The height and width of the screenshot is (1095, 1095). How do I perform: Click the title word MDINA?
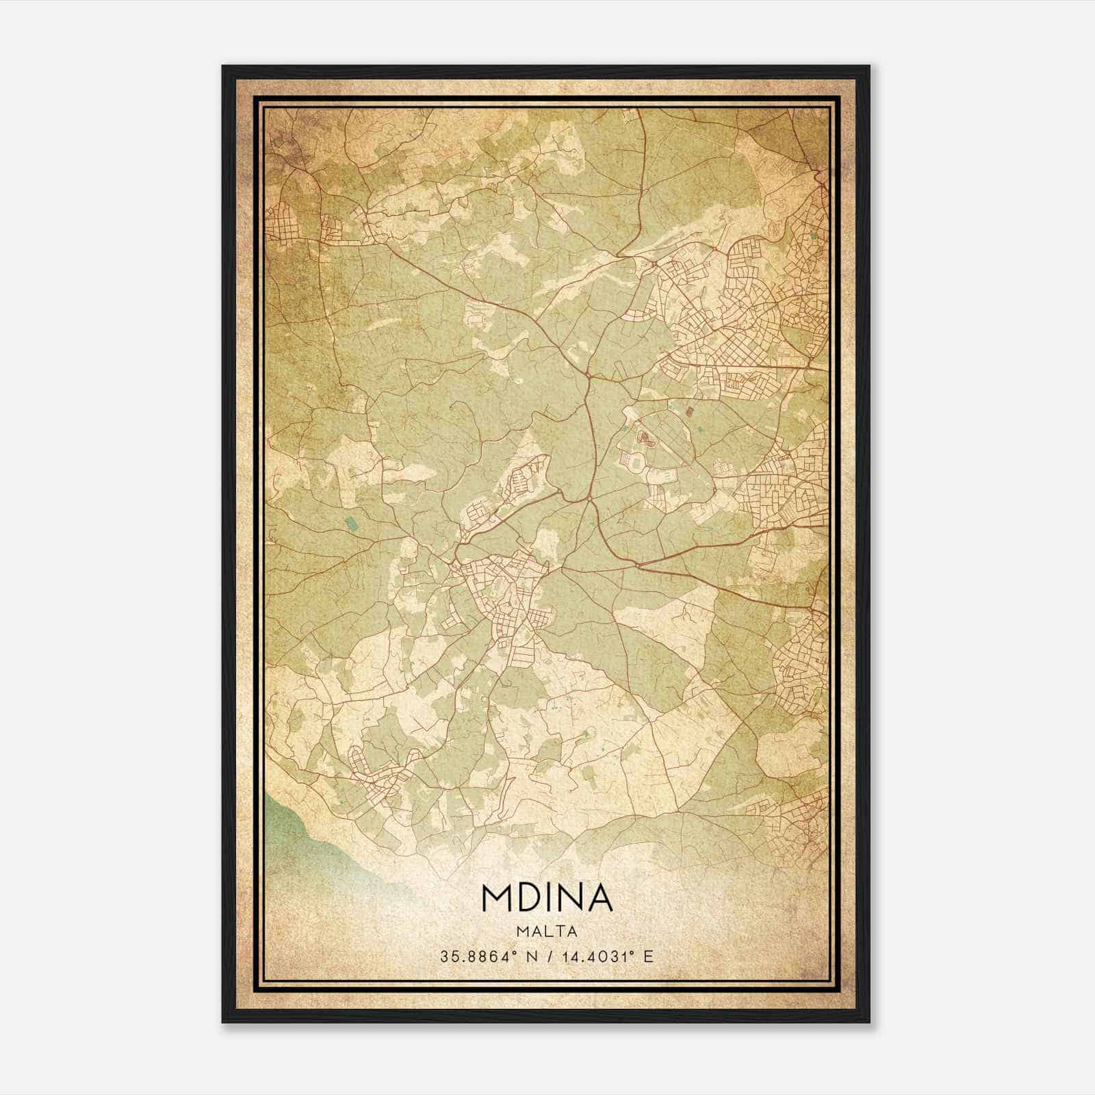point(547,898)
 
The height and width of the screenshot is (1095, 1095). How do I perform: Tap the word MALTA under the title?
point(547,931)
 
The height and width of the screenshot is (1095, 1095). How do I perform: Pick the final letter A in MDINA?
point(600,898)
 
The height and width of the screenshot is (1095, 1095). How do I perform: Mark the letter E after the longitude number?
point(649,956)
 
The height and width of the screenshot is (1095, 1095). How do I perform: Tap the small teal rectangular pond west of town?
point(351,525)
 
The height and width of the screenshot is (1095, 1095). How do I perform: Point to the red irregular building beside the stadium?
point(643,436)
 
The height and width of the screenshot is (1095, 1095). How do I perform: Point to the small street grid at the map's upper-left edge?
point(282,222)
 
